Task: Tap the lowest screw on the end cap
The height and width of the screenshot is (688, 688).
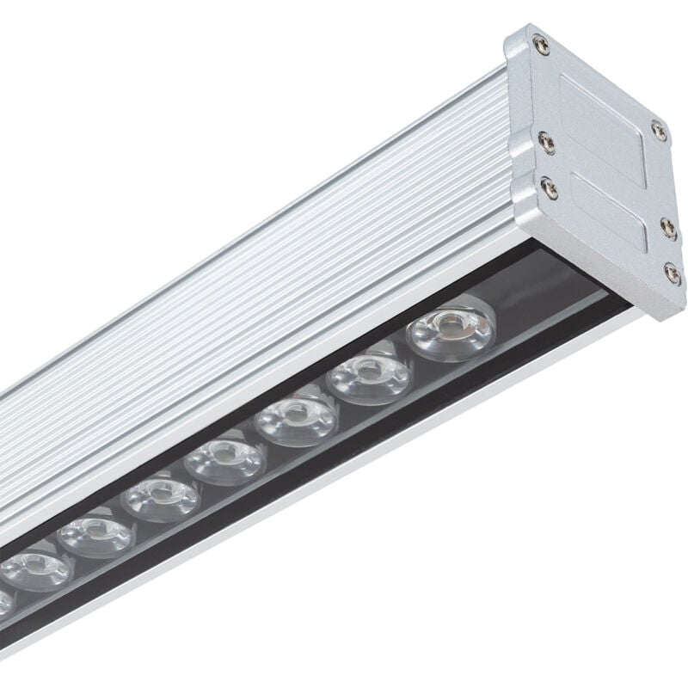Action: click(673, 273)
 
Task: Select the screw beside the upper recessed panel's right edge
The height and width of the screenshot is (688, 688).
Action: click(659, 130)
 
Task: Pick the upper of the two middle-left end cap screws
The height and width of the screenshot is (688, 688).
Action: click(543, 138)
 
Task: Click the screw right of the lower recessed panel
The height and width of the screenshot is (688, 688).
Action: click(669, 226)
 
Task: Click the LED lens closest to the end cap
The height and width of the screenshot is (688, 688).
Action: click(451, 330)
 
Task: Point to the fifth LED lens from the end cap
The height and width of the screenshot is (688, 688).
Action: click(160, 498)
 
